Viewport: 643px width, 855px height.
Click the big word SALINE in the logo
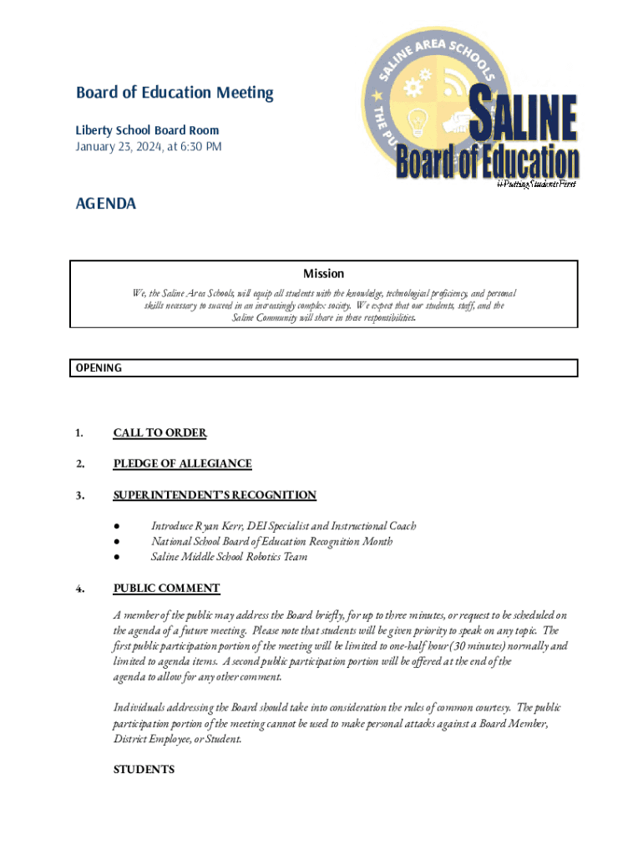point(524,119)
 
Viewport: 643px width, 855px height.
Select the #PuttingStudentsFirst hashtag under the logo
point(535,183)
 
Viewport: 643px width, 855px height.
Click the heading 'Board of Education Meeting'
point(175,93)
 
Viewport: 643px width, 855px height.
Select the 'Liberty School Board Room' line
point(147,130)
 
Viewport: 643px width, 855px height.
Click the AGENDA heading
point(106,204)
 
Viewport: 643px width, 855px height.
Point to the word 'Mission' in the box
point(323,274)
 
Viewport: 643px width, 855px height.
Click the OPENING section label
point(99,367)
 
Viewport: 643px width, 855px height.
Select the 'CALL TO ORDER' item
point(159,433)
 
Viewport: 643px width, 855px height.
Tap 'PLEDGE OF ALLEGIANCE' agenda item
point(182,463)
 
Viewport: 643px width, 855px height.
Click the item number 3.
point(78,495)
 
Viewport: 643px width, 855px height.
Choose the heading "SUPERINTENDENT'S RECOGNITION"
point(215,495)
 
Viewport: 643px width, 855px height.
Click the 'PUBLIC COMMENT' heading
point(166,589)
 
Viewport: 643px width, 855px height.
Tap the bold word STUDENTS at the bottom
point(144,769)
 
